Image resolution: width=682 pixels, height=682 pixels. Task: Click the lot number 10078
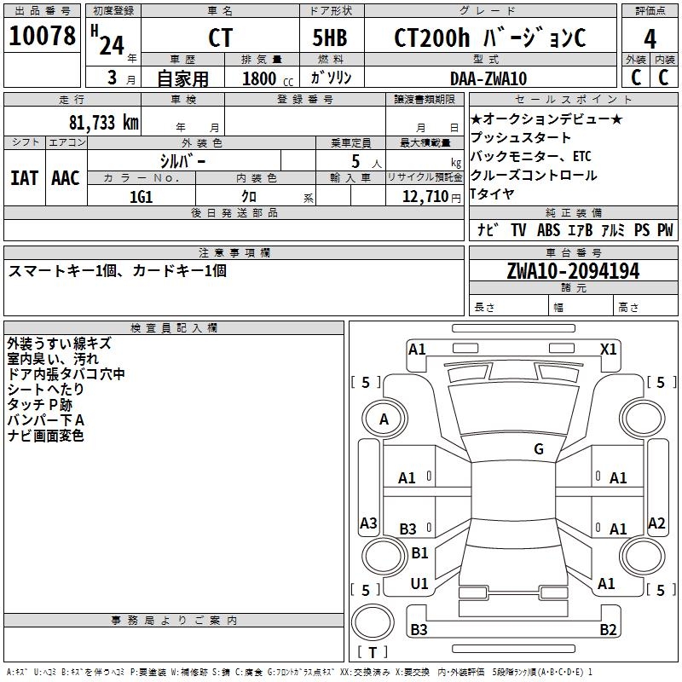[x=42, y=37]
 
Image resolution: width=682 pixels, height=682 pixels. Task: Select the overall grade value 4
[x=650, y=38]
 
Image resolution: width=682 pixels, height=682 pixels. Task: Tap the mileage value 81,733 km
[x=103, y=122]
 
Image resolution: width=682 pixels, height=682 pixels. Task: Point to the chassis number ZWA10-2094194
[x=573, y=271]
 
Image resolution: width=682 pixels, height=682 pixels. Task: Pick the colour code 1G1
[x=141, y=197]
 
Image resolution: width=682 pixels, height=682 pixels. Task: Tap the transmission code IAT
[x=24, y=177]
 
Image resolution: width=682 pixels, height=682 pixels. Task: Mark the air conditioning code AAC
[x=66, y=177]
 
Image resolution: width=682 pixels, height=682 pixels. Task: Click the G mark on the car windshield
[x=539, y=449]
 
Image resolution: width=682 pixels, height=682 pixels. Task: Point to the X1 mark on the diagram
[x=609, y=349]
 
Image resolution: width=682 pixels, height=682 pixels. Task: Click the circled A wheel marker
[x=384, y=419]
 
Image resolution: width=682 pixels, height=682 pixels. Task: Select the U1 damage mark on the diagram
[x=419, y=584]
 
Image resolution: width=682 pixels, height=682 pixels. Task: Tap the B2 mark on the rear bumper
[x=608, y=630]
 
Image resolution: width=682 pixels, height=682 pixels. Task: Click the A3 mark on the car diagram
[x=368, y=523]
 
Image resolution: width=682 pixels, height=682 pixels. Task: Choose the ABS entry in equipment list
[x=548, y=229]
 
